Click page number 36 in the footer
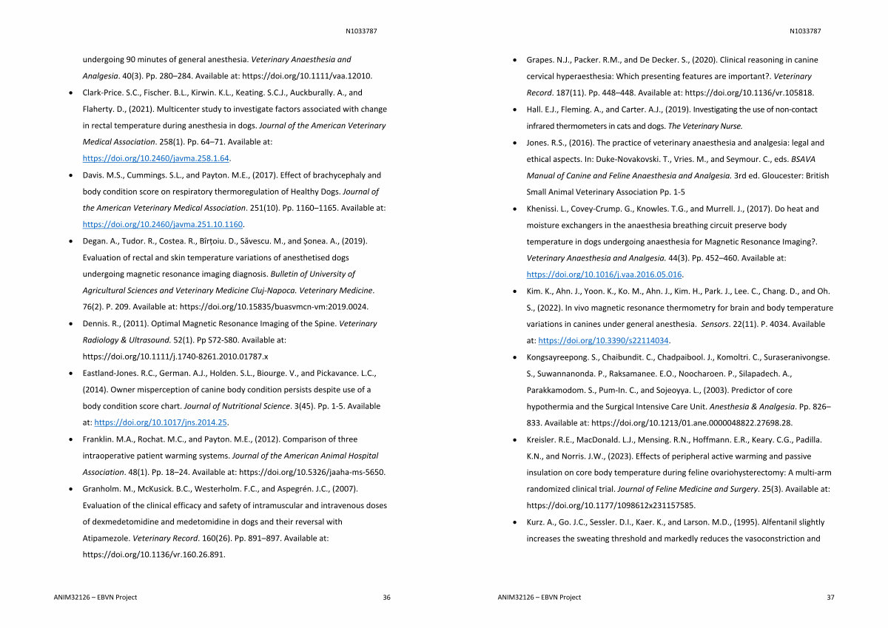[386, 597]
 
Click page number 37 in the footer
[830, 597]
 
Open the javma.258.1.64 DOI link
[156, 158]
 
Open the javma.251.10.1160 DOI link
[163, 224]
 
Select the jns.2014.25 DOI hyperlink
[161, 422]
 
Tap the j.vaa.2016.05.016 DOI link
[604, 274]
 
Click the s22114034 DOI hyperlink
[603, 340]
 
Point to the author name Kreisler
[542, 439]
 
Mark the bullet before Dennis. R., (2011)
[70, 324]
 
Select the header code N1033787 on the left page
[361, 31]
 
